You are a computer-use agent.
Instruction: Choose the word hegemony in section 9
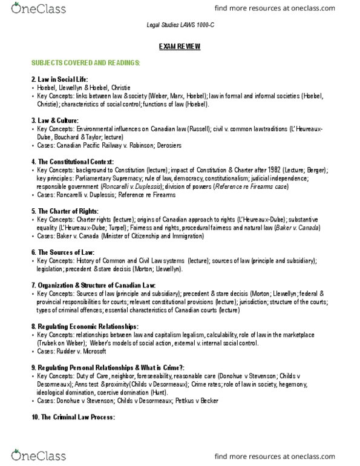click(x=313, y=384)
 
